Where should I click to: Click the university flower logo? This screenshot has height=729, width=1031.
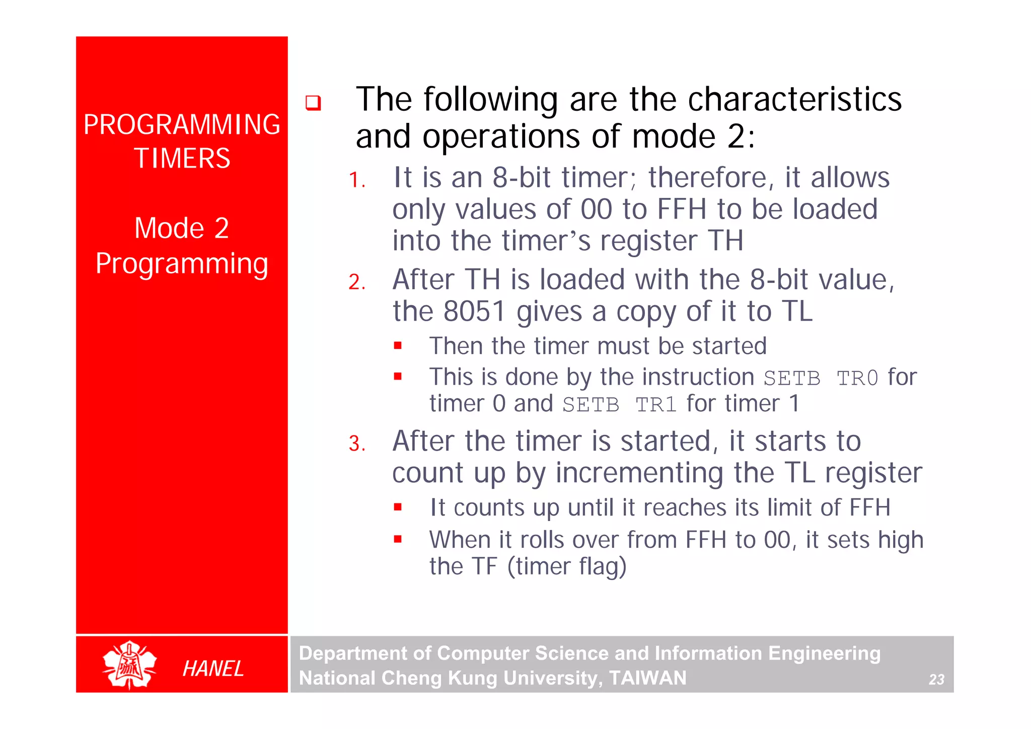[129, 665]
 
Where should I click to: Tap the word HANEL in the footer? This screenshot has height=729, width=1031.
[213, 669]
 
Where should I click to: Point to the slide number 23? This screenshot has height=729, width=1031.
[936, 680]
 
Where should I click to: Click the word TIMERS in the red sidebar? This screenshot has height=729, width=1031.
[182, 159]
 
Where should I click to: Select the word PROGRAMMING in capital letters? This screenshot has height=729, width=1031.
[182, 124]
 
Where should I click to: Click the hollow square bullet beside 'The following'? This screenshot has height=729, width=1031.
[313, 103]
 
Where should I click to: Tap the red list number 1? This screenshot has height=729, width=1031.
[356, 180]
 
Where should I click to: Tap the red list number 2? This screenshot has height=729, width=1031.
[356, 282]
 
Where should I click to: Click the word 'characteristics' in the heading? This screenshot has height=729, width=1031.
[794, 99]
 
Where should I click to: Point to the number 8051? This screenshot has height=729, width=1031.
[474, 311]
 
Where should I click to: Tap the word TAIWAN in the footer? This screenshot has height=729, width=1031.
[647, 678]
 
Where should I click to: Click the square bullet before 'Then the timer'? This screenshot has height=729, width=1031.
[398, 346]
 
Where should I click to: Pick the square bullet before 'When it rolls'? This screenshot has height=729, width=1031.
[398, 539]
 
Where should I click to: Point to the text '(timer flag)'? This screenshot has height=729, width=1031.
[567, 566]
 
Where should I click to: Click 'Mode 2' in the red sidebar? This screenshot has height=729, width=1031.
[182, 228]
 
